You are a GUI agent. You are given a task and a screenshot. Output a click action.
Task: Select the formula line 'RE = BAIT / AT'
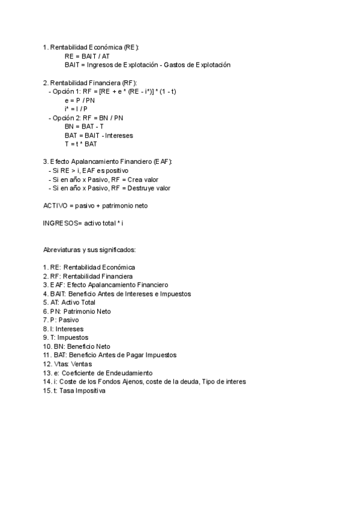[87, 56]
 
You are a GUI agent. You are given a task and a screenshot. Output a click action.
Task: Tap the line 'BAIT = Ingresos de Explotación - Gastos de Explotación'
[147, 65]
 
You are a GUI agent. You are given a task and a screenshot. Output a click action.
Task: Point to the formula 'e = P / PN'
[80, 100]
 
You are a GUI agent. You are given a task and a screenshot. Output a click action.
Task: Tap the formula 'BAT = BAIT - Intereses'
[99, 136]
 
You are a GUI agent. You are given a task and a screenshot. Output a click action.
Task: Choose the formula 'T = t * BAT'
[81, 144]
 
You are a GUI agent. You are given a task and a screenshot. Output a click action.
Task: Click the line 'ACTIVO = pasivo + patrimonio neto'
[95, 206]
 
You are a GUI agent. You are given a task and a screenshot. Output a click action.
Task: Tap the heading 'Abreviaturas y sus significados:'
[89, 250]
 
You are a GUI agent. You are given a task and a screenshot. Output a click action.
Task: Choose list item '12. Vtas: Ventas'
[68, 364]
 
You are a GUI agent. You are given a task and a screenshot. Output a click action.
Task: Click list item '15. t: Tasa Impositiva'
[74, 391]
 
